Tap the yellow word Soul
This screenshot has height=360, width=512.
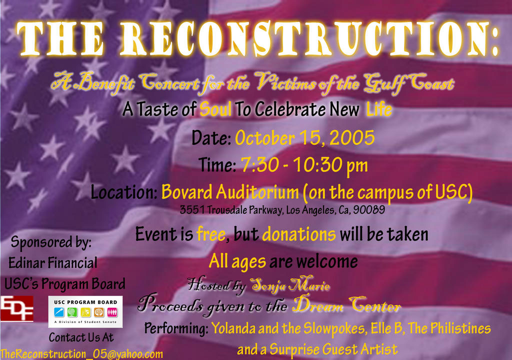(x=215, y=109)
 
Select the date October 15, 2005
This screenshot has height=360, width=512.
(x=305, y=138)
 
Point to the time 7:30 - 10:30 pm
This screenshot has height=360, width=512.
(x=304, y=165)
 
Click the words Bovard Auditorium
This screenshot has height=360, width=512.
(x=230, y=192)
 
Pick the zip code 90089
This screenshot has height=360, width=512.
(x=369, y=209)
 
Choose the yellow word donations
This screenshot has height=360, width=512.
(x=299, y=234)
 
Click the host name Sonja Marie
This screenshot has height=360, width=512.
(x=290, y=285)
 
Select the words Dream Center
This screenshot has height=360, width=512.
(x=346, y=305)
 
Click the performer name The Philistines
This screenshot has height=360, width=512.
(x=449, y=328)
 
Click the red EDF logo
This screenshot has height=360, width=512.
(x=16, y=308)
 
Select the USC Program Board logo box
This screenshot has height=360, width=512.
(x=85, y=311)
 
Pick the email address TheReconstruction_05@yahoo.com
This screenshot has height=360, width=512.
(x=81, y=354)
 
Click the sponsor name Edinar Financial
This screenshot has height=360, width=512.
(x=53, y=263)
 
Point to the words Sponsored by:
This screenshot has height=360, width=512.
(x=51, y=242)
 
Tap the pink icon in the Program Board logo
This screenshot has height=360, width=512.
(x=112, y=312)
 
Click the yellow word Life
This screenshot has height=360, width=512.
(x=379, y=109)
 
